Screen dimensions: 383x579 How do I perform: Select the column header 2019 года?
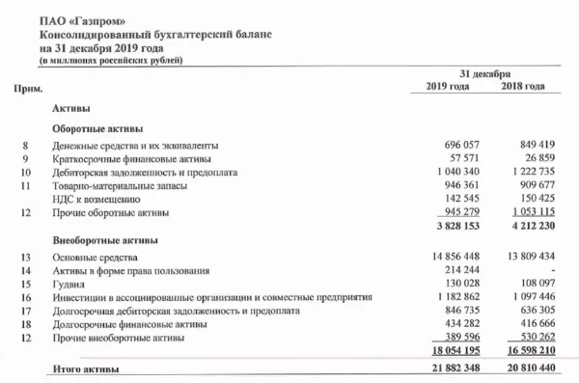(447, 88)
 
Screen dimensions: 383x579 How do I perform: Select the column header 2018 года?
(524, 88)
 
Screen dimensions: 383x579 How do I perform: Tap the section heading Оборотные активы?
(97, 128)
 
